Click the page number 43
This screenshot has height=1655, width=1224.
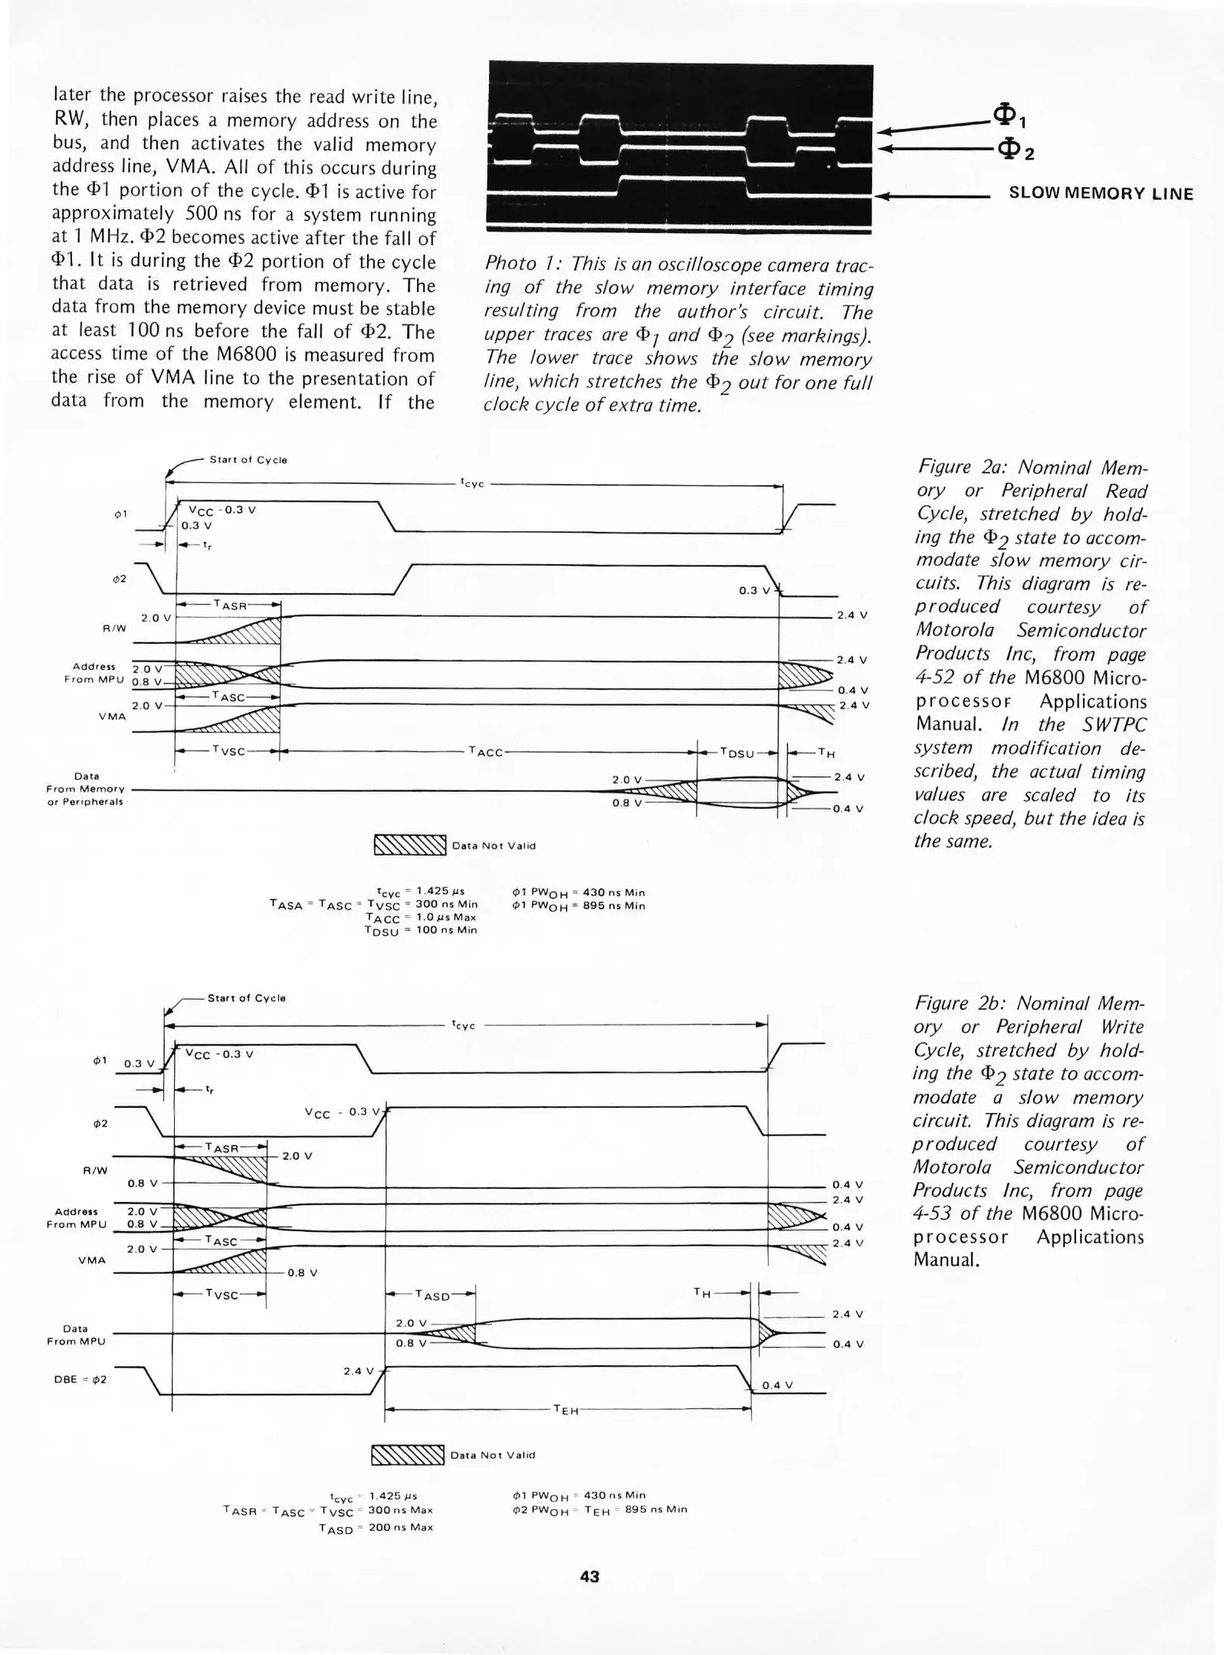[x=589, y=1576]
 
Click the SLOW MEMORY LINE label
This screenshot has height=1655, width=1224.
[x=1101, y=194]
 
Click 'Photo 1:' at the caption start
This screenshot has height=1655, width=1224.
[x=517, y=264]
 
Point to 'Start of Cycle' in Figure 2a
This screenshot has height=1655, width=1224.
[x=248, y=460]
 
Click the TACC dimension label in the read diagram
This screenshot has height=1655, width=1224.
[x=486, y=752]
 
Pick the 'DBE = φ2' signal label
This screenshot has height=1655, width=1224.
[x=80, y=1379]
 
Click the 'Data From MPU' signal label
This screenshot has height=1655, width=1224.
[x=76, y=1335]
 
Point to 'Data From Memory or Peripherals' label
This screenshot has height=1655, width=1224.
[x=85, y=788]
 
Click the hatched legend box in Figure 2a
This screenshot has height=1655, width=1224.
[x=409, y=845]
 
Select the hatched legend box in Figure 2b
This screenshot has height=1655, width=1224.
[x=407, y=1454]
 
